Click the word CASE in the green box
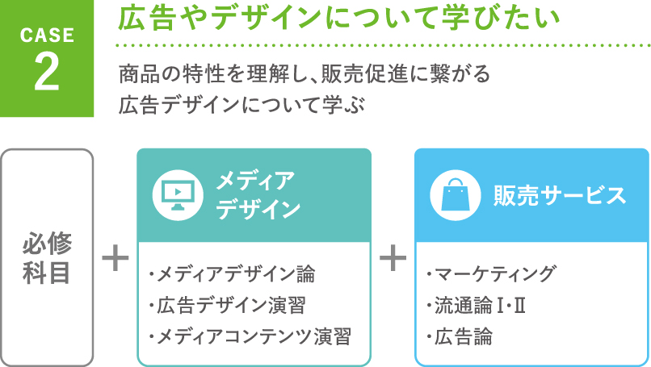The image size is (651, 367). [47, 35]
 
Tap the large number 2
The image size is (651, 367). [47, 72]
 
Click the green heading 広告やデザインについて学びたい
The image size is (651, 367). [339, 19]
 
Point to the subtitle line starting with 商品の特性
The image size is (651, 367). [304, 74]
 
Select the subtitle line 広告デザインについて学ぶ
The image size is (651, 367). [241, 104]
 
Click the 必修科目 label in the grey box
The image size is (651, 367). [47, 257]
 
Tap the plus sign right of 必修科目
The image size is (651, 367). [115, 258]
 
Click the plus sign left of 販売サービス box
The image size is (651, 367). [393, 258]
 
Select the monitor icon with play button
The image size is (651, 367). [178, 195]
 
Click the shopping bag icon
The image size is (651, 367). [455, 195]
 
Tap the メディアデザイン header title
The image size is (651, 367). [258, 195]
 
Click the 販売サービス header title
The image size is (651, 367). [560, 195]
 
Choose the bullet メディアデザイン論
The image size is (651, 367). [232, 274]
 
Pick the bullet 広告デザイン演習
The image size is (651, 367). [228, 305]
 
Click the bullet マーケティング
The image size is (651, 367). [491, 274]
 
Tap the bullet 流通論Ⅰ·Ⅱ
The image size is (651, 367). [477, 305]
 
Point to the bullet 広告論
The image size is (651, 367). [460, 336]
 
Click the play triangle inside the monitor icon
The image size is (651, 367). [178, 191]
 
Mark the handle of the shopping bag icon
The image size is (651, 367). [455, 182]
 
